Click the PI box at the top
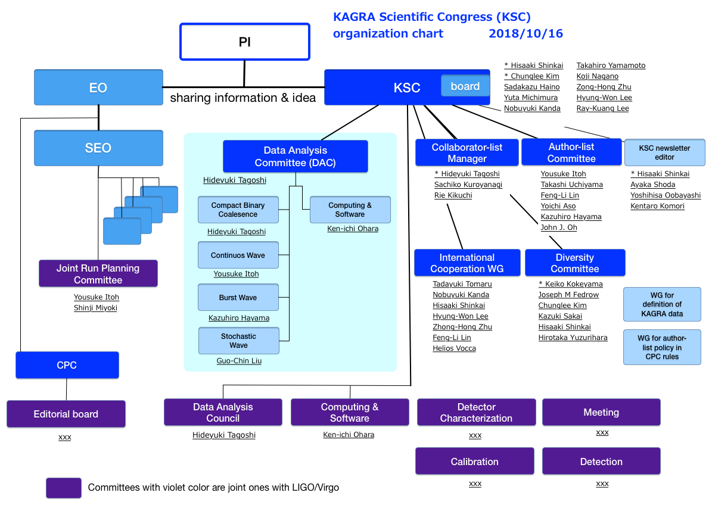coord(245,42)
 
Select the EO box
coord(98,87)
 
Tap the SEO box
coord(98,148)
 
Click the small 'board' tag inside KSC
coord(465,86)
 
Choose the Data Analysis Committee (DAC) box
coord(295,156)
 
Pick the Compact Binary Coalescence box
coord(238,210)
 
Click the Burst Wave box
coord(238,297)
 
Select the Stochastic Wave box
coord(238,341)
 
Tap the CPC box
coord(67,365)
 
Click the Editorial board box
coord(66,414)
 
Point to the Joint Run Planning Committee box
coord(98,273)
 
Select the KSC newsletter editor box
coord(665,152)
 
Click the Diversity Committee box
coord(575,263)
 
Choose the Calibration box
coord(474,462)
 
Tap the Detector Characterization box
coord(476,413)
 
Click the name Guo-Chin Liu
coord(239,361)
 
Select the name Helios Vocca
coord(454,348)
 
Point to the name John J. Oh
coord(558,227)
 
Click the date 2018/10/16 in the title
coord(526,33)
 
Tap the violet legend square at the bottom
coord(64,488)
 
